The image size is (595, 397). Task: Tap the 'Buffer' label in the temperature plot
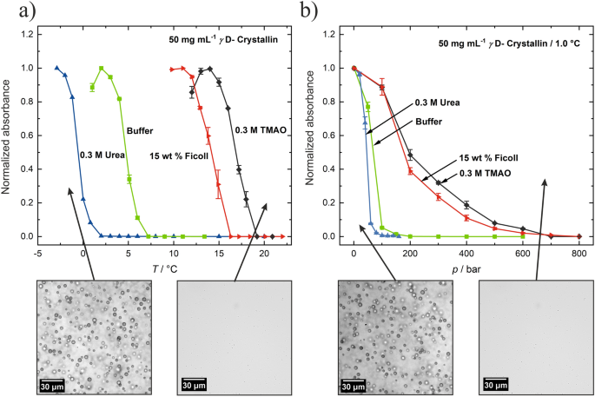(x=140, y=131)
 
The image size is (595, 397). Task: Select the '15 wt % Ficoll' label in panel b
(x=487, y=160)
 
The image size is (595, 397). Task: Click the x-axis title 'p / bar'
(x=466, y=267)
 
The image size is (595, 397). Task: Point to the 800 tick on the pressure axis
(x=578, y=253)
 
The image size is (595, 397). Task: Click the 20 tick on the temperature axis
(x=264, y=253)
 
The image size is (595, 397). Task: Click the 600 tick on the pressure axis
(x=522, y=253)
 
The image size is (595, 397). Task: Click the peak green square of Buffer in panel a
(x=102, y=69)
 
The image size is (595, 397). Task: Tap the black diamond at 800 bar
(x=578, y=236)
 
